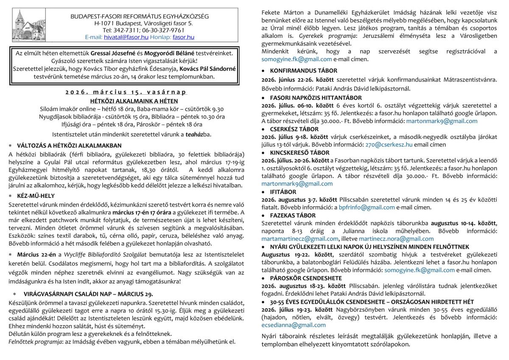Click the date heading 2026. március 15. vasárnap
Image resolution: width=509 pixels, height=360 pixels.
click(126, 92)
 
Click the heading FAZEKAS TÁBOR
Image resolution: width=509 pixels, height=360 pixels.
click(293, 215)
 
